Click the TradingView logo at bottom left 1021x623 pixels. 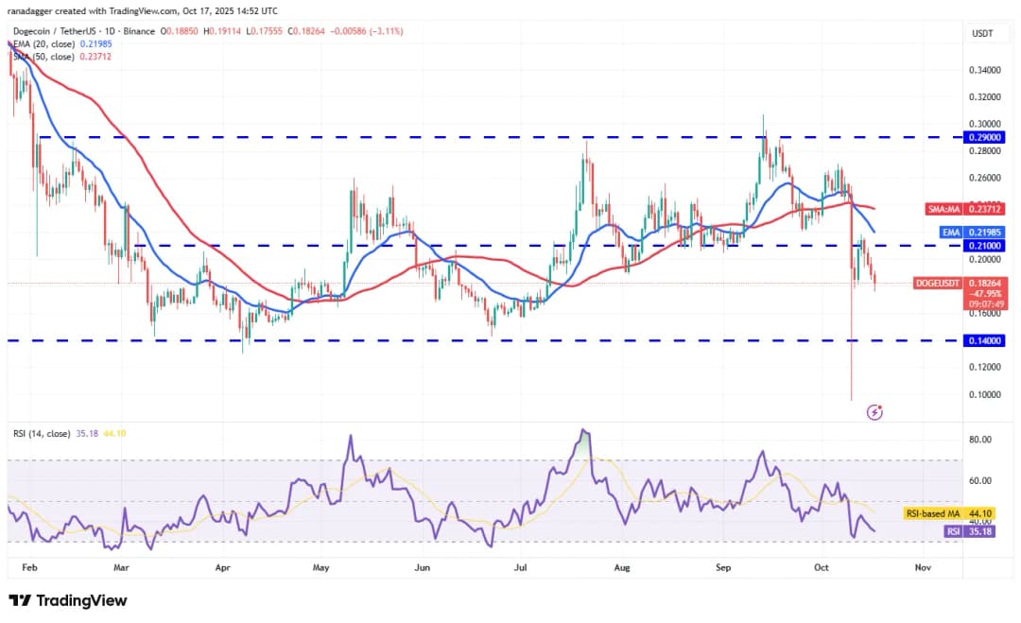[x=67, y=600]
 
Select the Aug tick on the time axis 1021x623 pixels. [x=620, y=568]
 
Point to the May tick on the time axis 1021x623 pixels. [x=320, y=568]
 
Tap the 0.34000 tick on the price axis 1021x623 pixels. [x=984, y=70]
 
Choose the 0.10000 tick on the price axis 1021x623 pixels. [x=984, y=394]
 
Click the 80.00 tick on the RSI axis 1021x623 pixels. [x=980, y=440]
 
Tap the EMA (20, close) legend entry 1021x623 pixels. [x=47, y=43]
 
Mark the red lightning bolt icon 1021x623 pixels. [x=875, y=412]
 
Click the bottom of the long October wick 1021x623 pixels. [x=851, y=399]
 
